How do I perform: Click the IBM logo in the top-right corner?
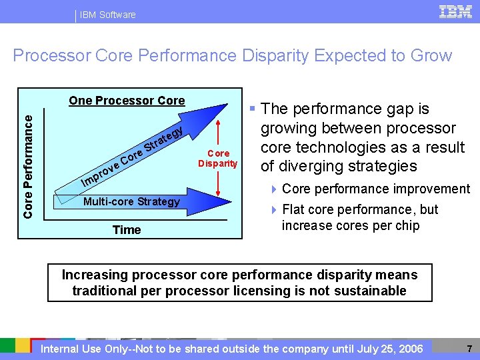coord(455,13)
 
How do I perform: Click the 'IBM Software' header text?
coord(107,15)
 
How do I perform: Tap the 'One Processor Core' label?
coord(127,101)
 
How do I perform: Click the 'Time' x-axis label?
coord(127,230)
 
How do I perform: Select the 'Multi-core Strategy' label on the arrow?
coord(131,201)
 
